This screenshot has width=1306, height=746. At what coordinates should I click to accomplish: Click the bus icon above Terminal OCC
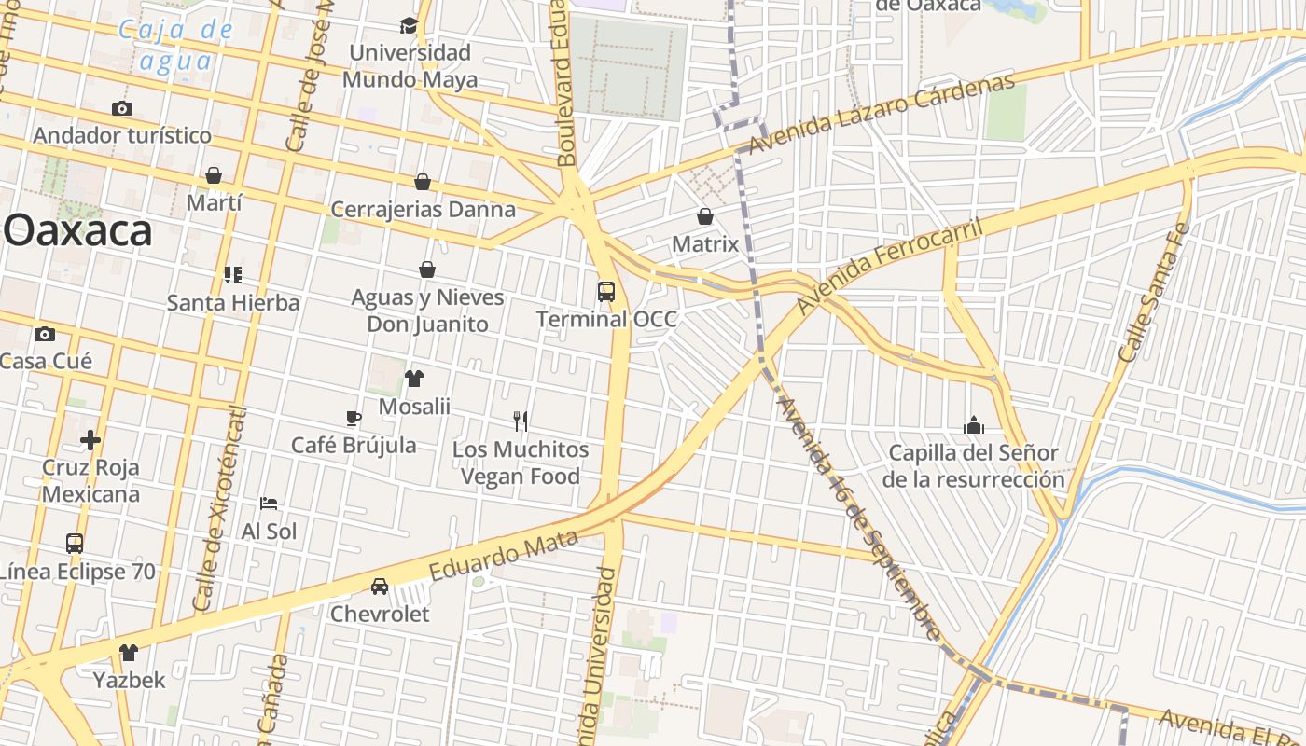pos(606,291)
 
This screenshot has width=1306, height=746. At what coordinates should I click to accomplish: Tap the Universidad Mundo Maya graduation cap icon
pos(409,25)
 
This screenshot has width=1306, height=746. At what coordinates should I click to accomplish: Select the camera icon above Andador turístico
pos(121,108)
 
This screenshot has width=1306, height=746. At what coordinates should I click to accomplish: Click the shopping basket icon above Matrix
pos(705,216)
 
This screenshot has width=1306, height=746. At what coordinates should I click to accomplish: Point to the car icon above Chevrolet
pos(380,586)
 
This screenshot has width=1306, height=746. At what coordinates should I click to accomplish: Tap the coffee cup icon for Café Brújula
pos(354,417)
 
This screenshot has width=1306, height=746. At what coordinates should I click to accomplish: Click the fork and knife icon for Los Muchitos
pos(521,421)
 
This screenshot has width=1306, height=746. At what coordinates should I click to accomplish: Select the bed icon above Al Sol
pos(269,504)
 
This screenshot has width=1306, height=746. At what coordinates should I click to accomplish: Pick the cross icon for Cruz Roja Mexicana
pos(90,439)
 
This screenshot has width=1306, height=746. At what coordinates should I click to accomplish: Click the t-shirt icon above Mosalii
pos(414,378)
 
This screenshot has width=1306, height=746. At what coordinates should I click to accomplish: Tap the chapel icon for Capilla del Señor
pos(974,425)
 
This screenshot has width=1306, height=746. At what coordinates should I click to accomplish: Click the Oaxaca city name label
pos(78,230)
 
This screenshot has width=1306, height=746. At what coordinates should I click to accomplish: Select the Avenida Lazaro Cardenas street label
pos(882,114)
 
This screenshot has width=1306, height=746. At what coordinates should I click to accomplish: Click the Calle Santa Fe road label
pos(1154,292)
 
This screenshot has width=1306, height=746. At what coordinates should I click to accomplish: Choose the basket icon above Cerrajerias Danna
pos(423,181)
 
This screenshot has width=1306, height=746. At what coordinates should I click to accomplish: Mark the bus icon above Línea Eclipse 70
pos(75,543)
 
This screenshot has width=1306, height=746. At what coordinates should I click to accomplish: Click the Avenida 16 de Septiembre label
pos(857,518)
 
